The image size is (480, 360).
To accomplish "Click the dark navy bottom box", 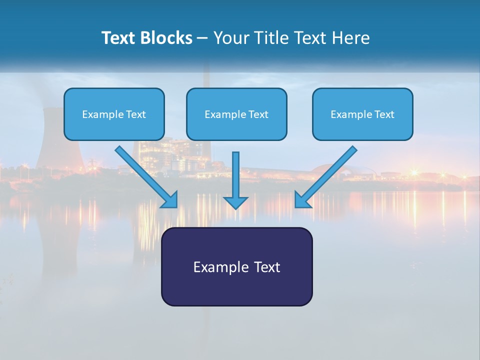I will click(x=236, y=290).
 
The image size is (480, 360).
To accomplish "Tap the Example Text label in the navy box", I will click(x=236, y=267).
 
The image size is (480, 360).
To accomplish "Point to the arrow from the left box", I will click(x=145, y=175).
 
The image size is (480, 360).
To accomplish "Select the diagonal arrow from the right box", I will click(x=327, y=175).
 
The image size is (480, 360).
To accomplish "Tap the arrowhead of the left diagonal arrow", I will click(x=170, y=200).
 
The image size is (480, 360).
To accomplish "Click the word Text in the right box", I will click(x=384, y=114).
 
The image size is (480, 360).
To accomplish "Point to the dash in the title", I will click(x=202, y=38).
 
